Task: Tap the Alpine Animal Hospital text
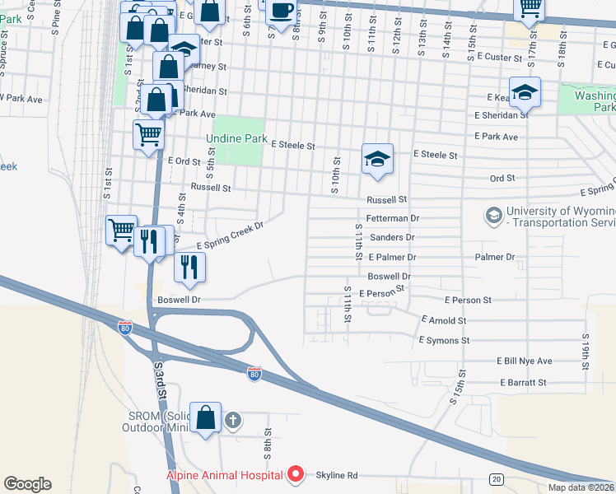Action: click(224, 475)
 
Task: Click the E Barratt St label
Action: click(522, 382)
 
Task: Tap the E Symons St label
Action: click(444, 339)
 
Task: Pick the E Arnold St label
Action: click(444, 319)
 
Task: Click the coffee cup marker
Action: click(282, 11)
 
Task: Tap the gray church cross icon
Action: click(233, 421)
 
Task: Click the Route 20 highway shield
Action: click(496, 478)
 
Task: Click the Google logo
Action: click(27, 484)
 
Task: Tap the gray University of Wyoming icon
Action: click(493, 216)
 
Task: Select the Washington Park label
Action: click(595, 101)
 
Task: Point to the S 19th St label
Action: click(586, 350)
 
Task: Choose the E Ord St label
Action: click(184, 161)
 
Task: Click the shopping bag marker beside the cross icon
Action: click(206, 418)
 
